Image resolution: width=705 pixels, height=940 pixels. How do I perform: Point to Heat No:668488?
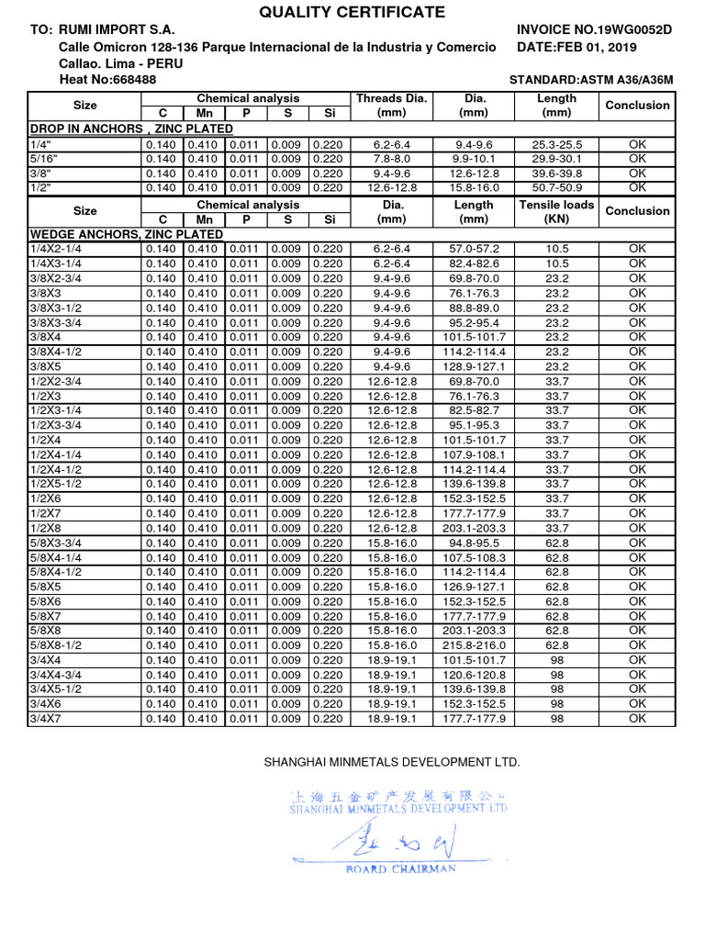click(106, 80)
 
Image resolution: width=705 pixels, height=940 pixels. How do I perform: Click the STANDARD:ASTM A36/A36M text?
click(590, 80)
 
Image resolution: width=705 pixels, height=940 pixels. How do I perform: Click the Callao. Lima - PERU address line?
click(120, 63)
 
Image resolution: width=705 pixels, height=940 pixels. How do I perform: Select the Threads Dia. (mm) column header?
click(391, 106)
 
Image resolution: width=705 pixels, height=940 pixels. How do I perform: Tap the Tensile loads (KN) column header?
click(556, 211)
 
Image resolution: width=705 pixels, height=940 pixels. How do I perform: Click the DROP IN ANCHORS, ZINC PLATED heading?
click(131, 129)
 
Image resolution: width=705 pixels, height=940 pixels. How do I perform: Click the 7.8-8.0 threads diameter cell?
click(391, 159)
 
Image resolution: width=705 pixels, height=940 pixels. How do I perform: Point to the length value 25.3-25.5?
click(556, 144)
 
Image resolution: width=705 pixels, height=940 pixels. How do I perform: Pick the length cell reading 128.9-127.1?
click(474, 366)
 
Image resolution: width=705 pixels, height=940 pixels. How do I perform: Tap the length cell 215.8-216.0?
click(474, 645)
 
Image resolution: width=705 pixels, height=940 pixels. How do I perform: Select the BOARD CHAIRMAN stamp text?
click(400, 869)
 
